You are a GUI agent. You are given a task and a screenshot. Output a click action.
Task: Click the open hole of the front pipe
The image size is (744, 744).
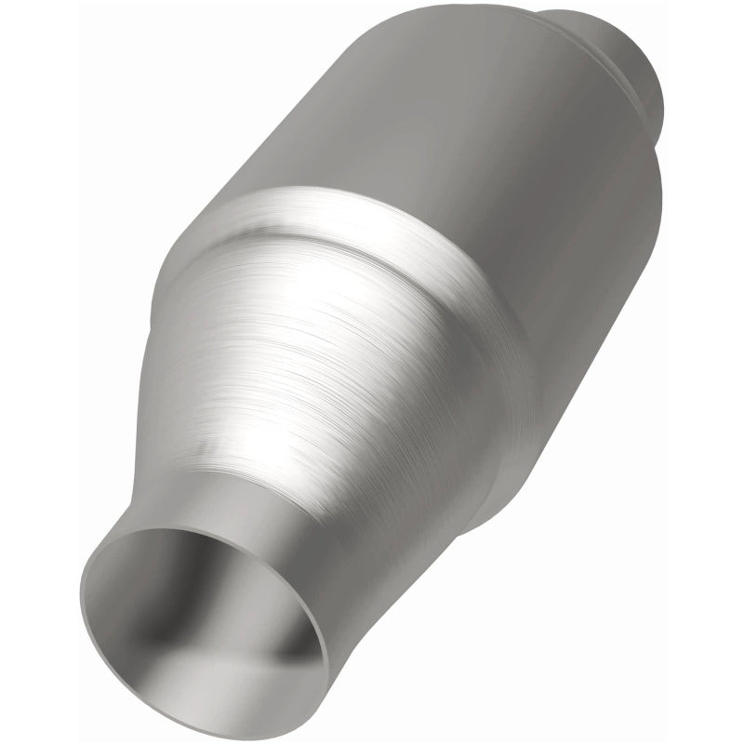[x=200, y=618]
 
